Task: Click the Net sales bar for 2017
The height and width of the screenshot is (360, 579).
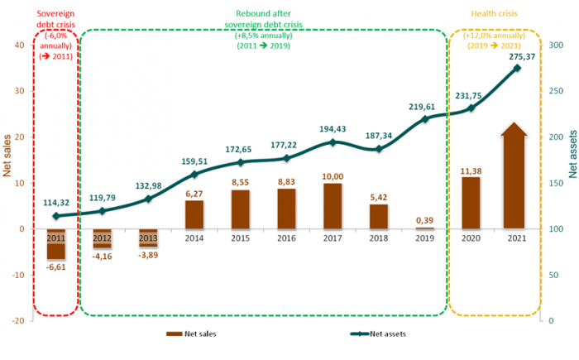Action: tap(333, 206)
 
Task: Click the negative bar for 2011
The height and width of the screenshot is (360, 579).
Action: tap(56, 245)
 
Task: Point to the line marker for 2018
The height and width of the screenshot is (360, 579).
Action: tap(379, 149)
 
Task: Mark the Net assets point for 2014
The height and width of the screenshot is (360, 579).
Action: tap(194, 175)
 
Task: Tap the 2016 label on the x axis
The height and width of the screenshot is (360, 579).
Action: tap(287, 238)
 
